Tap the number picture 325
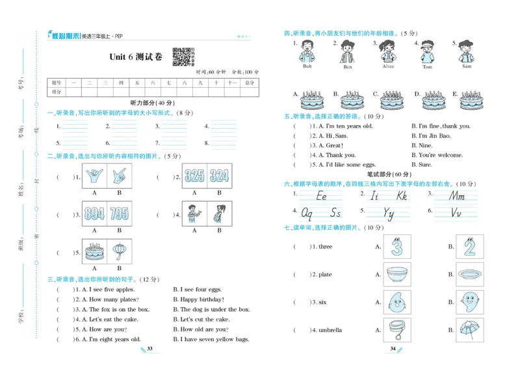tap(194, 175)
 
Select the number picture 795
tap(119, 214)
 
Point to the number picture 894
tap(94, 214)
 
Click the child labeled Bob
tap(307, 52)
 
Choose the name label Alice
tap(388, 66)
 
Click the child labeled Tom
tap(427, 52)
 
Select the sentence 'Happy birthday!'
tap(194, 299)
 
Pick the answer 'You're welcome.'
tap(441, 155)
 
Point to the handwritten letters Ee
tap(321, 196)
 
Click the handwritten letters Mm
tap(457, 196)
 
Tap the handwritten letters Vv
tap(456, 212)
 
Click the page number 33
tap(149, 349)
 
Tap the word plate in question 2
tap(325, 275)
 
